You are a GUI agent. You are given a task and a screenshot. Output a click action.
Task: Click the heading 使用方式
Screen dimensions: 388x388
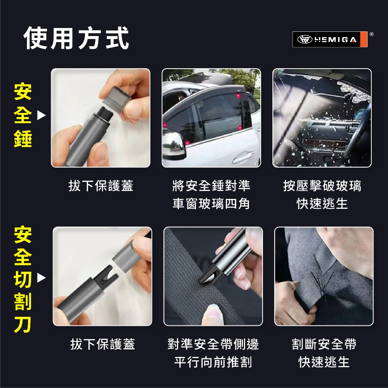[x=77, y=38]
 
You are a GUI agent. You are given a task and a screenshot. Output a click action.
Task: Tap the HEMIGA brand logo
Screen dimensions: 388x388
[x=330, y=39]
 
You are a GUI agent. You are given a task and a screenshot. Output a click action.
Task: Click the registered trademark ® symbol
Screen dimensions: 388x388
[x=371, y=34]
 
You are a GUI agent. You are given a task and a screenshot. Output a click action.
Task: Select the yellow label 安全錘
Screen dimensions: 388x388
[x=23, y=115]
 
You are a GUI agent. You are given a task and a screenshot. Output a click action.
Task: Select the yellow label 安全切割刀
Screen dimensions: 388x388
[x=23, y=279]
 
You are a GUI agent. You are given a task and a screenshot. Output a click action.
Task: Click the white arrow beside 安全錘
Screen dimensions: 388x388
[x=41, y=115]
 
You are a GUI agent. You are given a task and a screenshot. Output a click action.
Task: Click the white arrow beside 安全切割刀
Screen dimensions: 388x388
[x=41, y=278]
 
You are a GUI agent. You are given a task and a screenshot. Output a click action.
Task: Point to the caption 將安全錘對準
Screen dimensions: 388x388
[x=211, y=186]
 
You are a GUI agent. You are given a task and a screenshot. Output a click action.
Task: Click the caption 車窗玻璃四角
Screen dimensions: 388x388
[x=211, y=203]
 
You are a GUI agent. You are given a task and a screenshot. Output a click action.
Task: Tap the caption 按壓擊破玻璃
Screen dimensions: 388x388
[x=322, y=186]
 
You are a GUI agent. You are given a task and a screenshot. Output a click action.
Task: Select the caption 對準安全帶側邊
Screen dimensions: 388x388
[x=213, y=344]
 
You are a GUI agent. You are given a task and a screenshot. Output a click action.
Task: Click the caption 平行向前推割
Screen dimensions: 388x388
[x=213, y=362]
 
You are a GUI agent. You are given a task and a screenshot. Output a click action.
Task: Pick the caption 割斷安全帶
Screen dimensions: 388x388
[x=324, y=344]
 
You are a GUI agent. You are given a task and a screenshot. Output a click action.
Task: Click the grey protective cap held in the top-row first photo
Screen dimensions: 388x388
[x=115, y=99]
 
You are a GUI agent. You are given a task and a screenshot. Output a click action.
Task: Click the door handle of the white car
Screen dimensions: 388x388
[x=243, y=157]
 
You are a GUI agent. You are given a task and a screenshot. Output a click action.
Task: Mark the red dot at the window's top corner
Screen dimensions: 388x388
[x=238, y=95]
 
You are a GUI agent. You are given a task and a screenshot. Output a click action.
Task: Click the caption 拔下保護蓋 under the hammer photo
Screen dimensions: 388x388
[x=101, y=186]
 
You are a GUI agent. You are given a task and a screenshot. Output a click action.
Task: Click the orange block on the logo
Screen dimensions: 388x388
[x=364, y=39]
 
